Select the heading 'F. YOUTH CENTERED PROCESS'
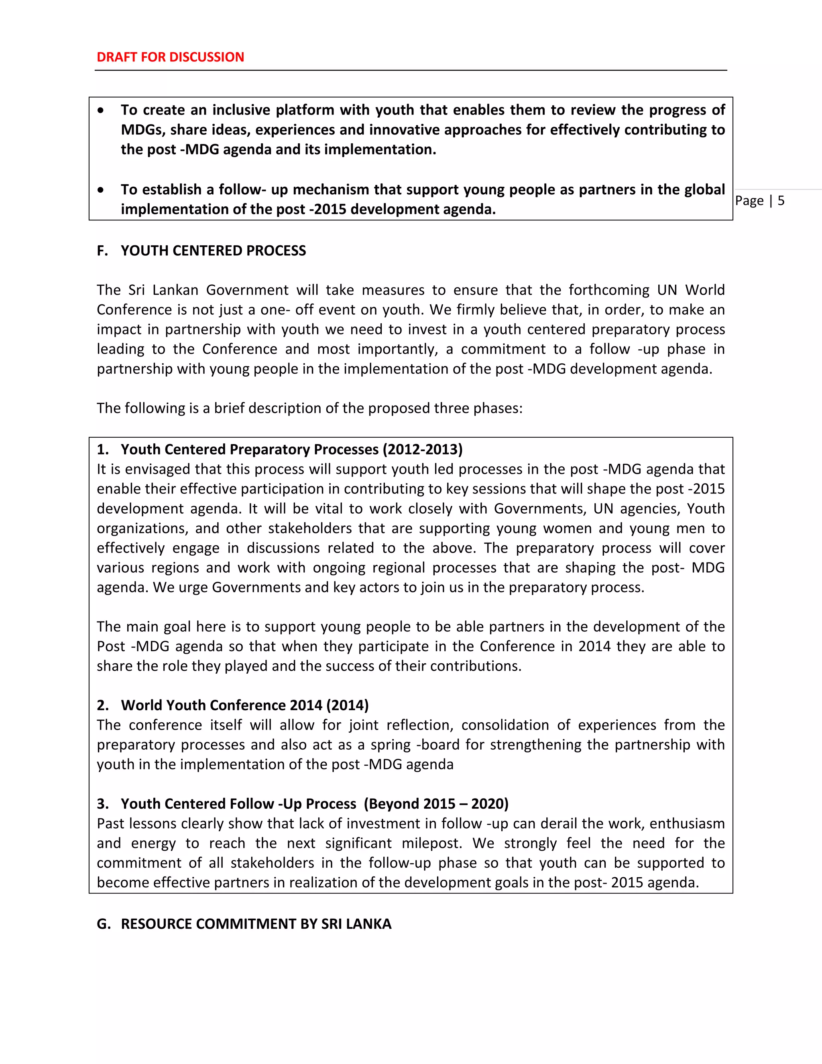tap(201, 251)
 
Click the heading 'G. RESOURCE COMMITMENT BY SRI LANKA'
tap(244, 924)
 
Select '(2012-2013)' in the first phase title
tap(422, 449)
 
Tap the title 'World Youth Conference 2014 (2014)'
tap(244, 705)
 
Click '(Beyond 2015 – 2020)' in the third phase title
tap(436, 803)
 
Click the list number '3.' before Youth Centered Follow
tap(102, 803)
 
